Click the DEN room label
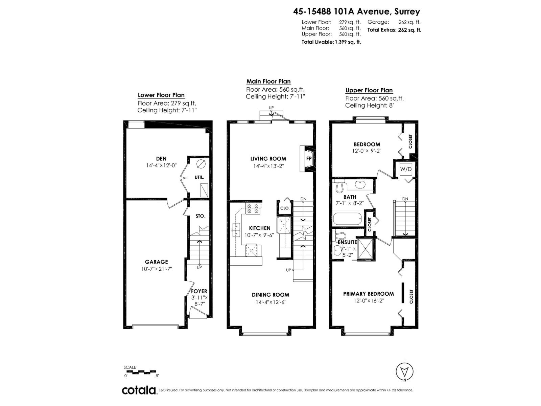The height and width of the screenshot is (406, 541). pyautogui.click(x=161, y=158)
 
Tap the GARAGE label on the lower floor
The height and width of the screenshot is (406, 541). pyautogui.click(x=156, y=262)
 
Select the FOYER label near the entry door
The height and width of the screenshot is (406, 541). pyautogui.click(x=199, y=291)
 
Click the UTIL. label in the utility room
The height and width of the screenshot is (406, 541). pyautogui.click(x=199, y=177)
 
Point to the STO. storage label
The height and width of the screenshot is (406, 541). pyautogui.click(x=200, y=216)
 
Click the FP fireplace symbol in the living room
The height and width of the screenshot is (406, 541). pyautogui.click(x=308, y=158)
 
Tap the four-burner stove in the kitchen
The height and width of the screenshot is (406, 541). pyautogui.click(x=253, y=208)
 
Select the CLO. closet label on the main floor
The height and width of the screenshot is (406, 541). pyautogui.click(x=285, y=208)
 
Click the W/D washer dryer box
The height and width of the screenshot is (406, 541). pyautogui.click(x=406, y=169)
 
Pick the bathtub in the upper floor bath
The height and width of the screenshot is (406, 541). pyautogui.click(x=347, y=219)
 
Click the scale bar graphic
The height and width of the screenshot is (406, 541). pyautogui.click(x=141, y=372)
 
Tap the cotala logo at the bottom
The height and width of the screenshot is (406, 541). pyautogui.click(x=139, y=390)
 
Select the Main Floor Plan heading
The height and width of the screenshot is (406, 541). pyautogui.click(x=268, y=81)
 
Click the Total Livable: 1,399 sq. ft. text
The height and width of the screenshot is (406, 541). pyautogui.click(x=331, y=42)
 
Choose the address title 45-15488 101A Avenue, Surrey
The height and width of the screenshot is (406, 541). pyautogui.click(x=356, y=12)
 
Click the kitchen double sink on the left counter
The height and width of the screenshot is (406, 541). pyautogui.click(x=236, y=230)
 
